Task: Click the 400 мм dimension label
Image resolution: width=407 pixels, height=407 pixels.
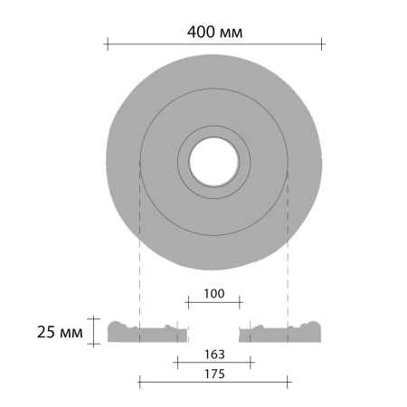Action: [x=214, y=32]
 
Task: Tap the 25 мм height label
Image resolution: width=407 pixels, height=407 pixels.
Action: [x=60, y=332]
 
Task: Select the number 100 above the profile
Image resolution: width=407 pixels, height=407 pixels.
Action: [x=214, y=293]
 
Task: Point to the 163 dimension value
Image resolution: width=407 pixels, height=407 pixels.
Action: [x=214, y=355]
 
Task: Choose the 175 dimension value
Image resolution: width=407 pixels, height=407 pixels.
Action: [x=214, y=374]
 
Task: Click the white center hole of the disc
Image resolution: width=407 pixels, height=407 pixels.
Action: [x=214, y=162]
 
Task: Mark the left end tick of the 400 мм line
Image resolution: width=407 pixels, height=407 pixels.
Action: [x=108, y=44]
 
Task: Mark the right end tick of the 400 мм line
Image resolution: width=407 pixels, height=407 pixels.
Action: [x=322, y=44]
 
